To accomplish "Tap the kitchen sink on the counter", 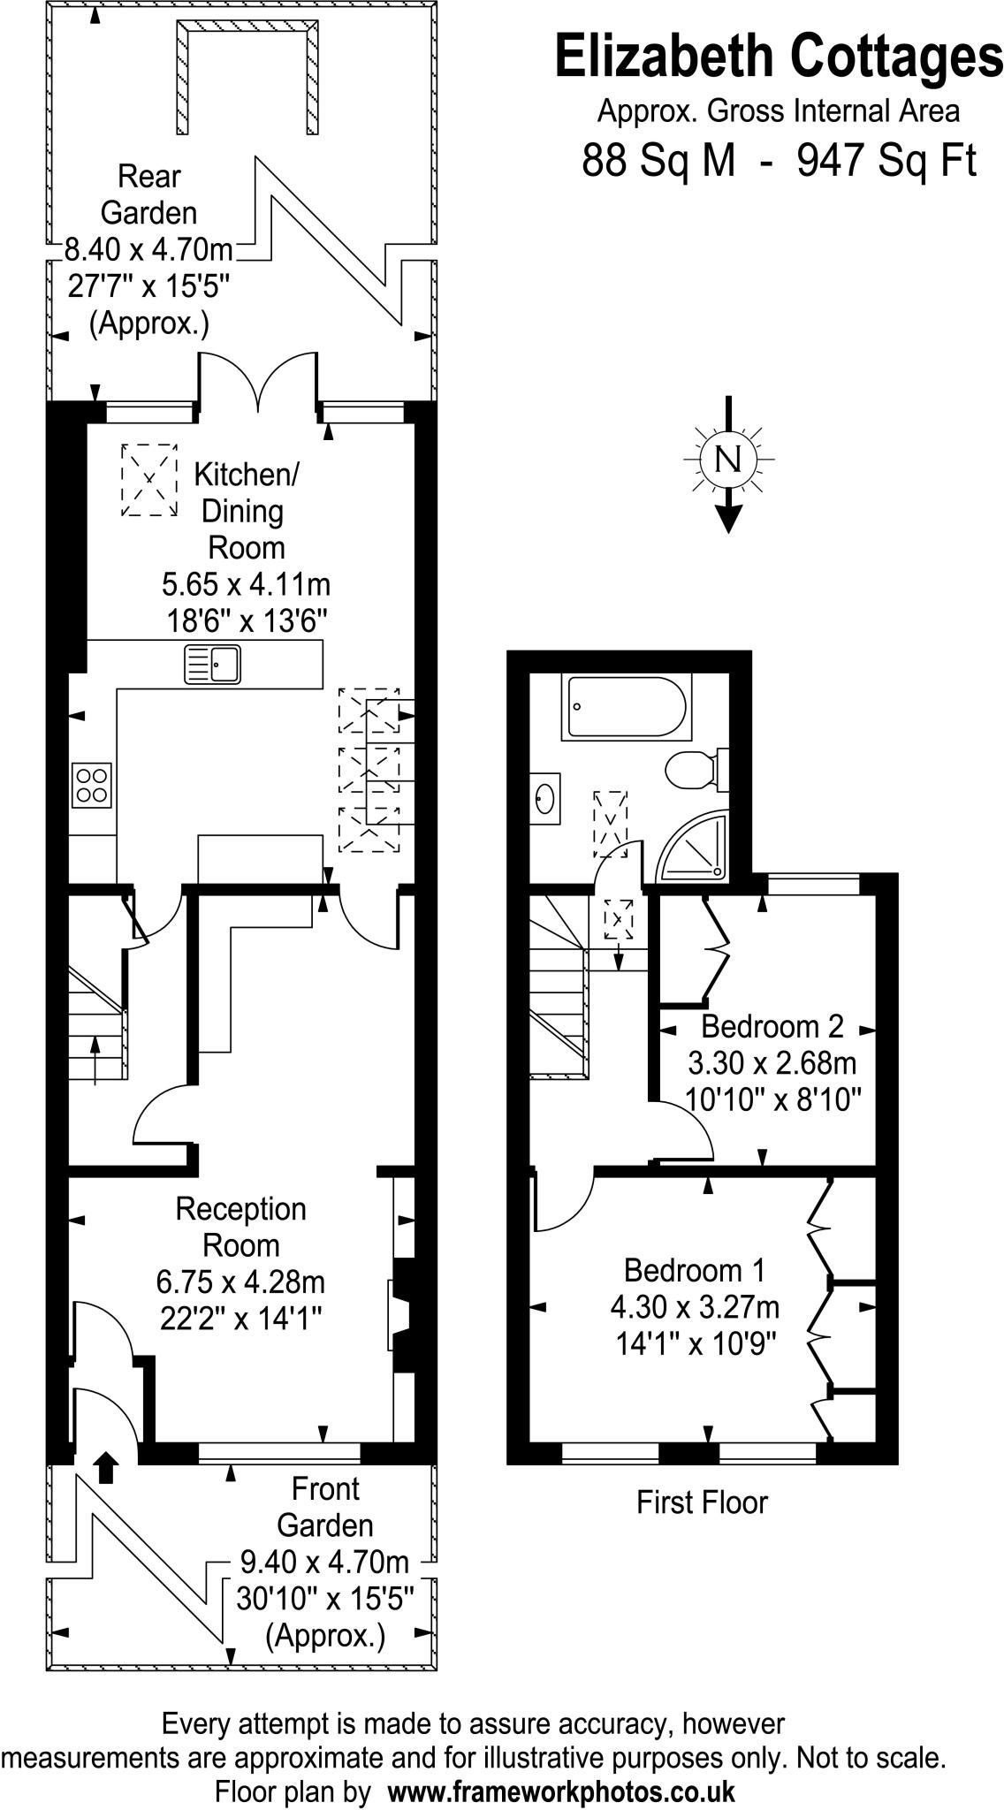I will (212, 664).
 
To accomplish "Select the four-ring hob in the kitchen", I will (92, 784).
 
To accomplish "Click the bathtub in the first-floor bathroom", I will (627, 707).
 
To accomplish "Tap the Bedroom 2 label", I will (772, 1026).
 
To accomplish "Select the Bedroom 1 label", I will (694, 1270).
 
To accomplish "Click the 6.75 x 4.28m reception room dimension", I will (241, 1281).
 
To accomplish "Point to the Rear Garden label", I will (148, 194).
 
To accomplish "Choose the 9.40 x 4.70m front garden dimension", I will (324, 1563).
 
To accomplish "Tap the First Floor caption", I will (702, 1502).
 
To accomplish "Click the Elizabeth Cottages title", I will (778, 56).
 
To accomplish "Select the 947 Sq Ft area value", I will (886, 161).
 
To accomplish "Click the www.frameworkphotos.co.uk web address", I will (561, 1785).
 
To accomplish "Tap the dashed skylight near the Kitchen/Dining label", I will (148, 480).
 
